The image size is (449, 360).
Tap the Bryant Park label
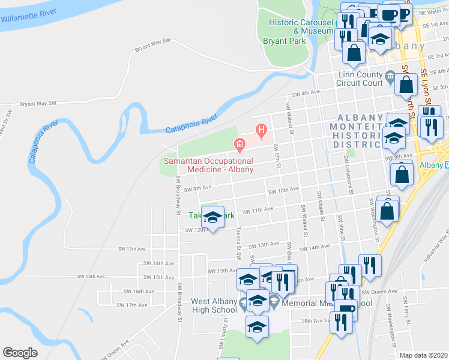[x=285, y=41]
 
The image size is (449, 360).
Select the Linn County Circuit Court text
[x=360, y=79]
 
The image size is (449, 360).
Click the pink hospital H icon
[x=261, y=129]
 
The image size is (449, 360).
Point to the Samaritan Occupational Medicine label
[x=208, y=166]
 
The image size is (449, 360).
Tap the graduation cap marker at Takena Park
[x=212, y=218]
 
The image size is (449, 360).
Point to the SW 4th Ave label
[x=306, y=93]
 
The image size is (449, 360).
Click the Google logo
[x=20, y=353]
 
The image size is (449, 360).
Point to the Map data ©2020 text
[x=424, y=355]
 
